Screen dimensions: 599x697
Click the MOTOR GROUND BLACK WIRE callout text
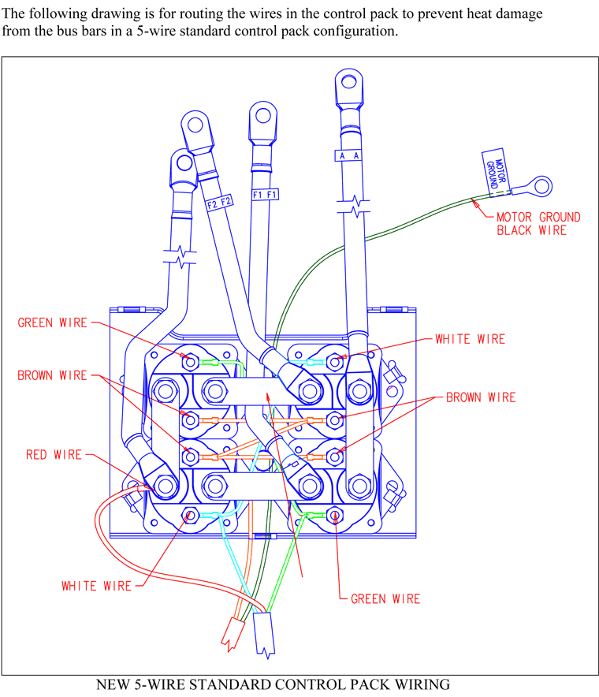click(x=538, y=224)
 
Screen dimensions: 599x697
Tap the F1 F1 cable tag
click(x=265, y=195)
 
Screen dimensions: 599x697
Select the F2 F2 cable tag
click(x=220, y=203)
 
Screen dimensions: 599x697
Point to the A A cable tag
click(x=348, y=155)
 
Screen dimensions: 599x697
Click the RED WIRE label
click(x=54, y=455)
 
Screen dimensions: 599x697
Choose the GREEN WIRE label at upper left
click(x=53, y=322)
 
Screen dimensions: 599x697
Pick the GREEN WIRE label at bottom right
click(x=385, y=598)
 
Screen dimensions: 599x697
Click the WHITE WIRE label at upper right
click(x=470, y=339)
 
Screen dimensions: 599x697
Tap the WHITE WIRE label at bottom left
click(x=96, y=586)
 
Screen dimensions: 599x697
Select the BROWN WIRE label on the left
click(x=52, y=375)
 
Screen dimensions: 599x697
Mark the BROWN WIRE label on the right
click(x=481, y=397)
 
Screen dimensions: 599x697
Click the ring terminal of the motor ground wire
click(x=541, y=186)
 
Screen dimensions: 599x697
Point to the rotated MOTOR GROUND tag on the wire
click(x=496, y=172)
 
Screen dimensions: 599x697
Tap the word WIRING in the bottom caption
click(x=422, y=684)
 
